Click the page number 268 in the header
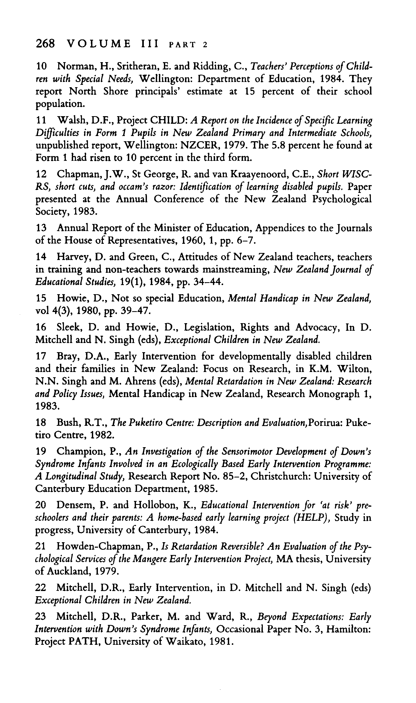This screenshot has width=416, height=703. [45, 44]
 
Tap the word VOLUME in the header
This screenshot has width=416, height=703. [99, 44]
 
